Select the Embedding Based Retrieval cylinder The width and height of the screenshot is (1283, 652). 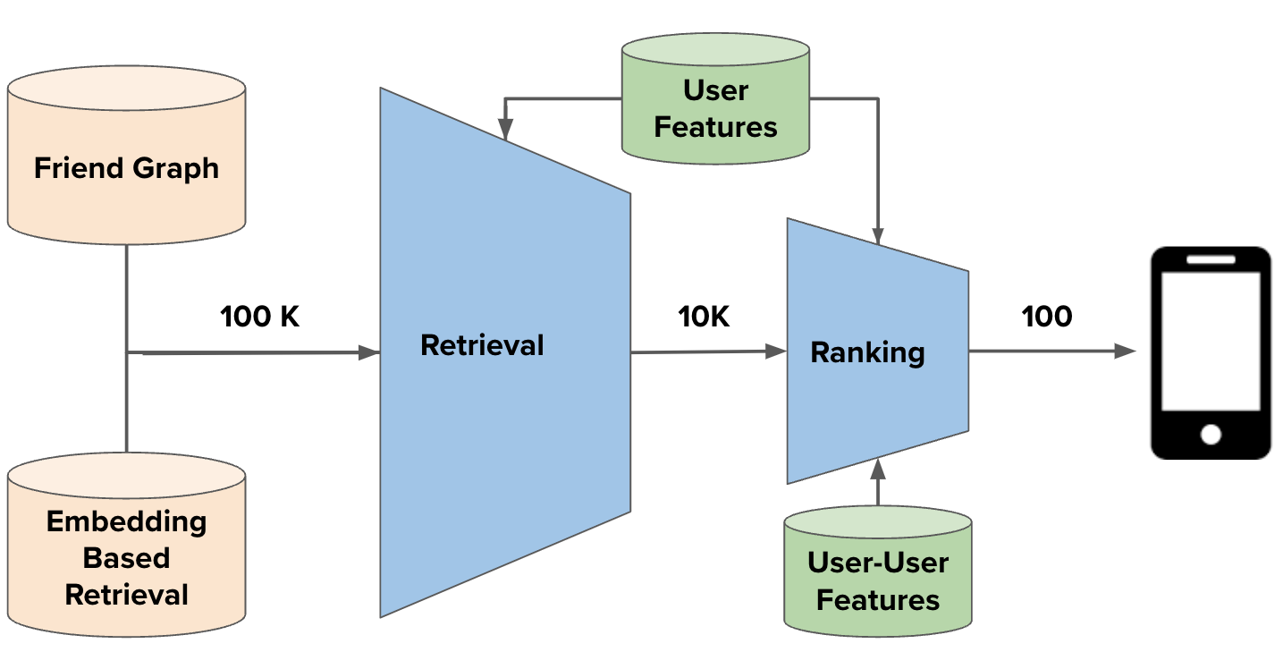coord(126,546)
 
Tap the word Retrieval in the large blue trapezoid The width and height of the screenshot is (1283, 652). coord(482,344)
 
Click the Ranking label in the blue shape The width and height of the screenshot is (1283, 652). coord(866,351)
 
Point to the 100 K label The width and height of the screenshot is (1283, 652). coord(260,316)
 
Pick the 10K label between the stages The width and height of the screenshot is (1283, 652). coord(704,316)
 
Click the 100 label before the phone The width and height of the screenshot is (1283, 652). coord(1046,316)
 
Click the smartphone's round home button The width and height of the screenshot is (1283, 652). coord(1211,435)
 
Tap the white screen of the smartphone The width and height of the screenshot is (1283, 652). coord(1211,340)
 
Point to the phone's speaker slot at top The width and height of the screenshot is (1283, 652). coord(1211,259)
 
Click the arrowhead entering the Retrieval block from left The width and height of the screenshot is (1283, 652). coord(370,352)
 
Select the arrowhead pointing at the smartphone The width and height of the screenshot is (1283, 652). coord(1126,351)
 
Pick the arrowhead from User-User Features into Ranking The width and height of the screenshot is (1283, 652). coord(878,465)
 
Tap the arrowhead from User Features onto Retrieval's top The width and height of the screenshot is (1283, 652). coord(505,131)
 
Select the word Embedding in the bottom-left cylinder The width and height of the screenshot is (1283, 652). coord(126,521)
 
